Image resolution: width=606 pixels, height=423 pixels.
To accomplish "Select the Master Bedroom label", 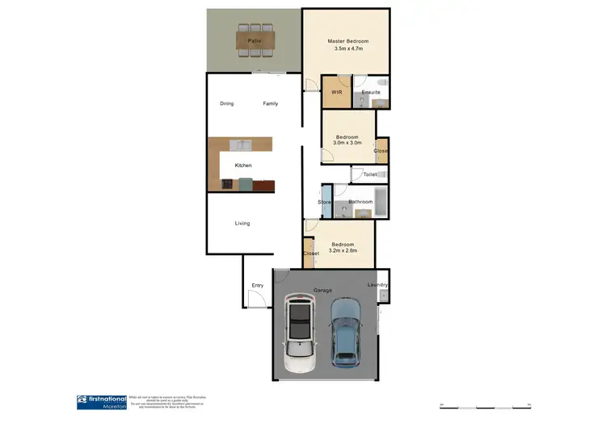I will (347, 40).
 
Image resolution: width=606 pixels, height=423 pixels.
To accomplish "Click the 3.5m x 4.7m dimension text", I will (347, 49).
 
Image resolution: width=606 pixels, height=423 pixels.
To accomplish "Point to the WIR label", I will (337, 93).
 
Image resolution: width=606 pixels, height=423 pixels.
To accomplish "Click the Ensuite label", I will (371, 93).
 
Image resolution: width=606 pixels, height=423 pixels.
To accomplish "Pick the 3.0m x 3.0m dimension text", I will (347, 143).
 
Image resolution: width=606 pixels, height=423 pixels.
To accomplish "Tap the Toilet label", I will (370, 174).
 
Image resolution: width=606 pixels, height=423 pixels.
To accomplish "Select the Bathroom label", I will (360, 202).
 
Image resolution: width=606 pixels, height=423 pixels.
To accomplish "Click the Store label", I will (325, 202).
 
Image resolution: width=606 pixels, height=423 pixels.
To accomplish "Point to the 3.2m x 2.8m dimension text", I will (342, 251).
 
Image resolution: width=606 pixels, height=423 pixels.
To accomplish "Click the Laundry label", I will (377, 285).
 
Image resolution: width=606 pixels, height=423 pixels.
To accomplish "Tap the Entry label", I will (258, 285).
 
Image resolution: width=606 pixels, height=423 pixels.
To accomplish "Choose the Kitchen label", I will (243, 165).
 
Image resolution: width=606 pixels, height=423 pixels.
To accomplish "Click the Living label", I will (242, 223).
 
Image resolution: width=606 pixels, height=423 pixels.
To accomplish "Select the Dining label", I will (227, 103).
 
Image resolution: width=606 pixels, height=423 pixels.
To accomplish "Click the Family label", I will (271, 103).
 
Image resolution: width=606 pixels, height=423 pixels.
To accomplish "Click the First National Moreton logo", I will (101, 401).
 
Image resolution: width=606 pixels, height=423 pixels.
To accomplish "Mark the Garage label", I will (323, 288).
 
